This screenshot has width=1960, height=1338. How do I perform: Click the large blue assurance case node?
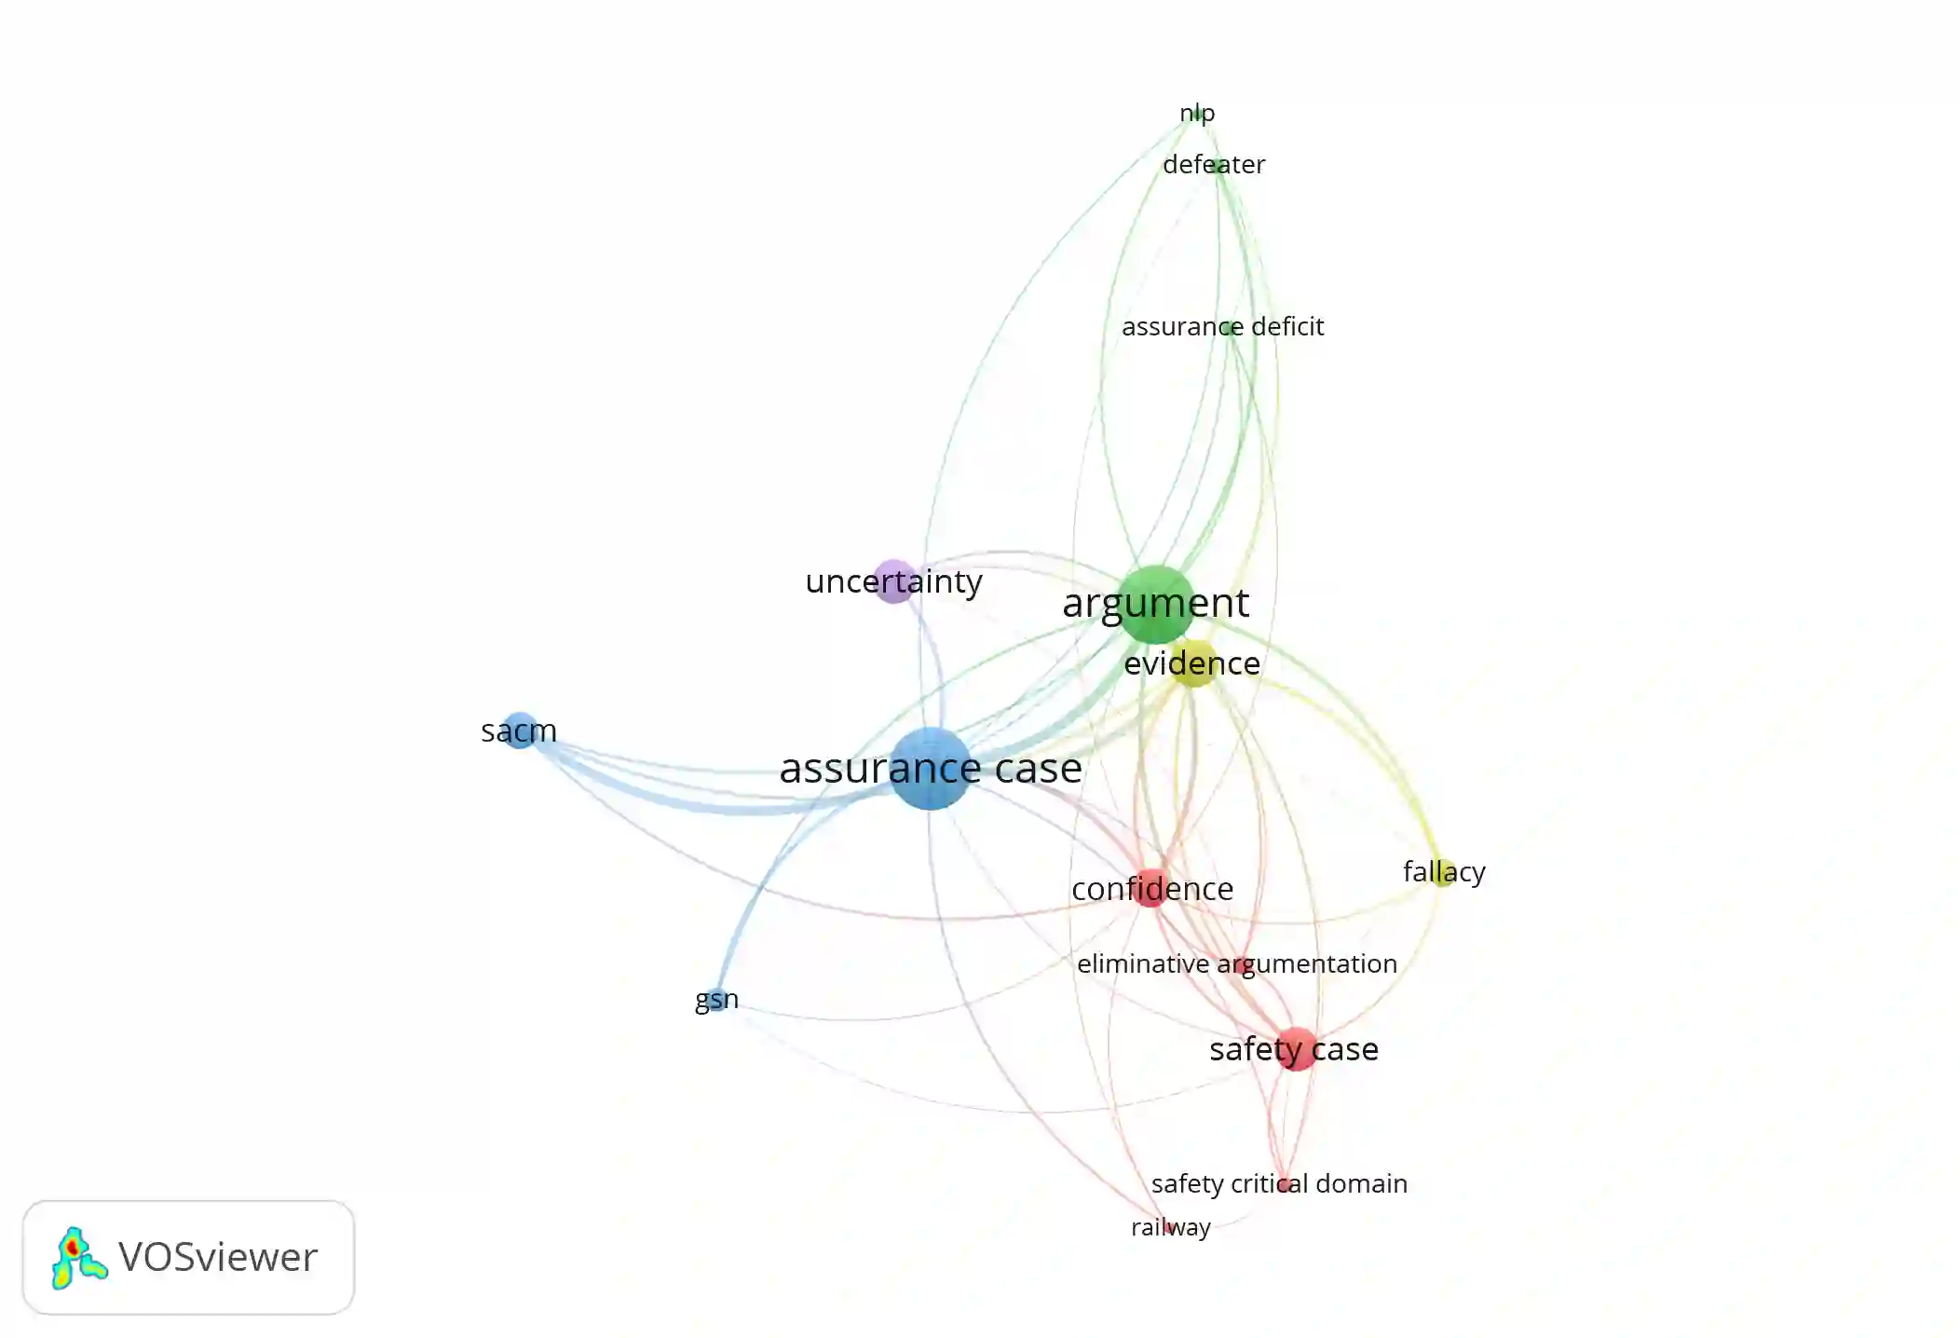point(930,769)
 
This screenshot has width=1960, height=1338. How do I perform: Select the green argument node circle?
point(1155,604)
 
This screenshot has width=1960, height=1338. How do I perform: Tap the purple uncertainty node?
point(894,581)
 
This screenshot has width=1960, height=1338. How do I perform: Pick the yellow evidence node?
point(1193,662)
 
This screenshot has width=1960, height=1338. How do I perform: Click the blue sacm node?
point(519,730)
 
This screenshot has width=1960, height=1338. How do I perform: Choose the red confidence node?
point(1152,888)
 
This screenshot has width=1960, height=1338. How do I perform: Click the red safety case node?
point(1296,1049)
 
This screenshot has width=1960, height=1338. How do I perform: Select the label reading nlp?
point(1197,113)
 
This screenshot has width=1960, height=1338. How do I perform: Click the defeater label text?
point(1214,165)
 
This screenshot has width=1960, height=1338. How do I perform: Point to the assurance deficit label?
point(1222,327)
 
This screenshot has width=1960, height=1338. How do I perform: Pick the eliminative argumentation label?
point(1236,963)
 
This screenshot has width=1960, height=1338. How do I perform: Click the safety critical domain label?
point(1279,1183)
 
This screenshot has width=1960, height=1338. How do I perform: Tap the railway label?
point(1170,1227)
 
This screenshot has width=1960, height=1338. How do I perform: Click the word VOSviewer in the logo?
point(218,1258)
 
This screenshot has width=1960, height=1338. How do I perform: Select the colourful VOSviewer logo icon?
point(78,1258)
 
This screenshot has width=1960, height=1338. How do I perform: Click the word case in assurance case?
point(1038,769)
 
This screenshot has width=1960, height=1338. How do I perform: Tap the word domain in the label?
point(1363,1183)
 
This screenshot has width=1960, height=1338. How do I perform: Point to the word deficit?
point(1287,327)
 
